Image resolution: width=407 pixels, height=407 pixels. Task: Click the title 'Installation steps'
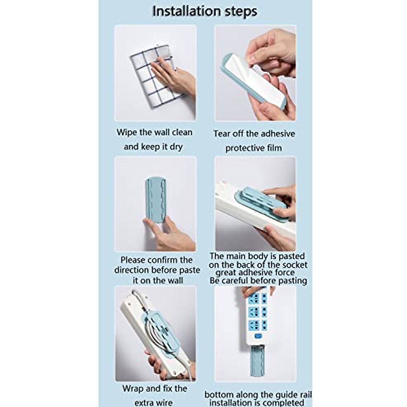[205, 11]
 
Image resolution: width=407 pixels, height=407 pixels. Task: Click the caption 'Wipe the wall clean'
[154, 132]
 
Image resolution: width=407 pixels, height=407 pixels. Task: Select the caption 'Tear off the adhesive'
[254, 134]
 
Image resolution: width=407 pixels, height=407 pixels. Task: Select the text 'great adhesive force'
[255, 273]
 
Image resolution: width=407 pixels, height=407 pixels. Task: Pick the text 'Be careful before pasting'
[258, 281]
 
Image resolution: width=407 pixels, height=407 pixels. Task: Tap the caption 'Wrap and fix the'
[155, 388]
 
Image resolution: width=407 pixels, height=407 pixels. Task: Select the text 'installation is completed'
[256, 403]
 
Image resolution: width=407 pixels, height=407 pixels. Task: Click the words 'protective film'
[254, 148]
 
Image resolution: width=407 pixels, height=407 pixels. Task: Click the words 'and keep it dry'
[153, 147]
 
